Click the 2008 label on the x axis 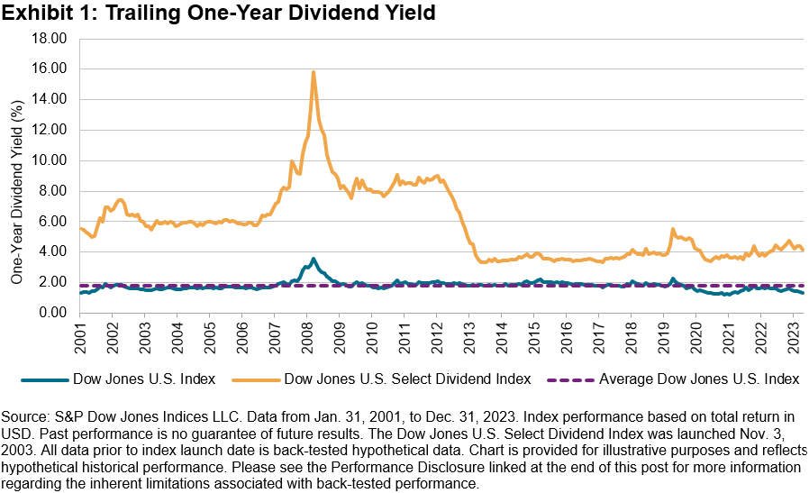(307, 342)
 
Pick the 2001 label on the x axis (80, 342)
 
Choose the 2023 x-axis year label (794, 342)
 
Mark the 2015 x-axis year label (534, 342)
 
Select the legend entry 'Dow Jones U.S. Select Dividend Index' (406, 379)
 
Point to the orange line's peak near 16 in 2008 (313, 72)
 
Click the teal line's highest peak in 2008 (313, 259)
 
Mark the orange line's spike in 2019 (672, 229)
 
